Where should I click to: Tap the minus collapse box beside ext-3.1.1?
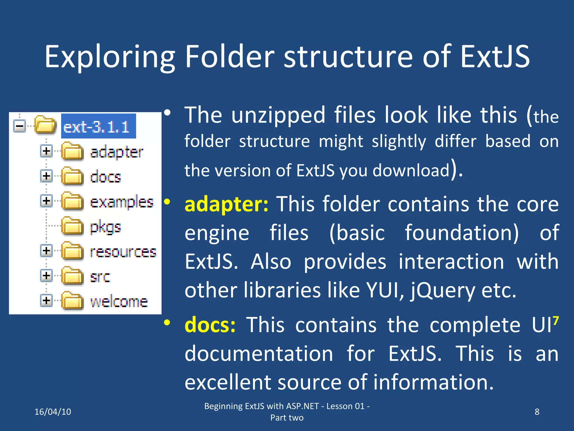click(20, 126)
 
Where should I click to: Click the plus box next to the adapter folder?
click(46, 151)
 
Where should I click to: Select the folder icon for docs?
click(72, 176)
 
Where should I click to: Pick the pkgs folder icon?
click(72, 226)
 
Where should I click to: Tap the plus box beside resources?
click(46, 250)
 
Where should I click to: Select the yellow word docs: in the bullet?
click(210, 325)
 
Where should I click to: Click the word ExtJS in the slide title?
click(495, 57)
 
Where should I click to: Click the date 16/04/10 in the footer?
click(53, 412)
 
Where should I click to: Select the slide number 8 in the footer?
click(537, 412)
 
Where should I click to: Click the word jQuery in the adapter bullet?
click(443, 290)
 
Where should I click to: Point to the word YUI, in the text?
click(385, 290)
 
